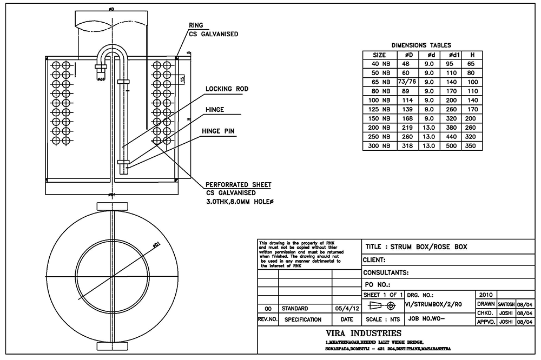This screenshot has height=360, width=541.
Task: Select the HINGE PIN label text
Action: (217, 131)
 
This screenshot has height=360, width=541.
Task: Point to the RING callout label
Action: (196, 25)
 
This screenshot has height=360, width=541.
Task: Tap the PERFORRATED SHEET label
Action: (239, 185)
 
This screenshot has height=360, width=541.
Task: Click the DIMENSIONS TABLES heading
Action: (421, 45)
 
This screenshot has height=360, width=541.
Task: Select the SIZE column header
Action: (380, 55)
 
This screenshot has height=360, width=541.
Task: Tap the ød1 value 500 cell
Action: (453, 146)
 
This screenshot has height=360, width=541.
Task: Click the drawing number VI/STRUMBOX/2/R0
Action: (433, 304)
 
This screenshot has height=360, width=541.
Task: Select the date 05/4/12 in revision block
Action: (347, 309)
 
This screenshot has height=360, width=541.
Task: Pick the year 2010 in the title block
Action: (485, 295)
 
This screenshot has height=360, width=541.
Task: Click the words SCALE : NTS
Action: (384, 319)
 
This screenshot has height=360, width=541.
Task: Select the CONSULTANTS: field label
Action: (386, 272)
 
